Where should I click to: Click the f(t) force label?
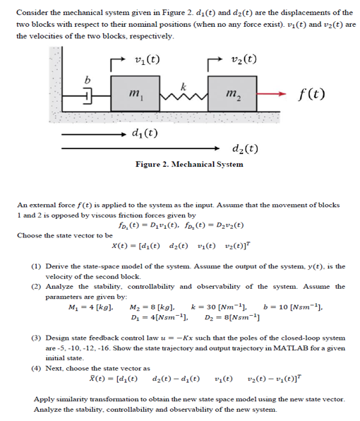click(x=308, y=93)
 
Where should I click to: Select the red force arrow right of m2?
click(x=272, y=93)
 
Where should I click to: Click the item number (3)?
click(x=35, y=340)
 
